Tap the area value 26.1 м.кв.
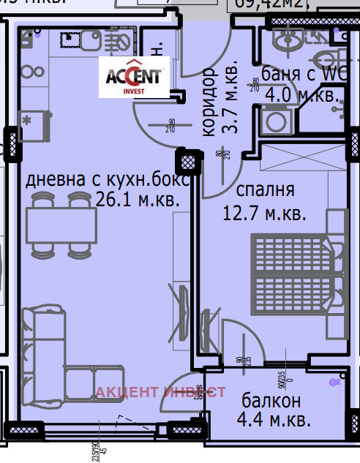pyautogui.click(x=137, y=199)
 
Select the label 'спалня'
pyautogui.click(x=265, y=191)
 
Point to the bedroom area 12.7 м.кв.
pyautogui.click(x=263, y=214)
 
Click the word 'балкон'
pyautogui.click(x=271, y=401)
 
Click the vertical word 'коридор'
pyautogui.click(x=209, y=102)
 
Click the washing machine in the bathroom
pyautogui.click(x=276, y=120)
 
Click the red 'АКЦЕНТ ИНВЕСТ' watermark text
pyautogui.click(x=160, y=393)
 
